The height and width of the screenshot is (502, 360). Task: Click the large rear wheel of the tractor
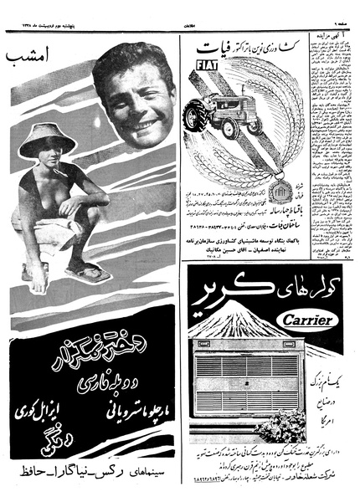point(252,123)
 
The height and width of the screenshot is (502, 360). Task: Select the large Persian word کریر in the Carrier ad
point(234,300)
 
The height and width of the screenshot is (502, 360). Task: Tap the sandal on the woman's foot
point(88,272)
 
